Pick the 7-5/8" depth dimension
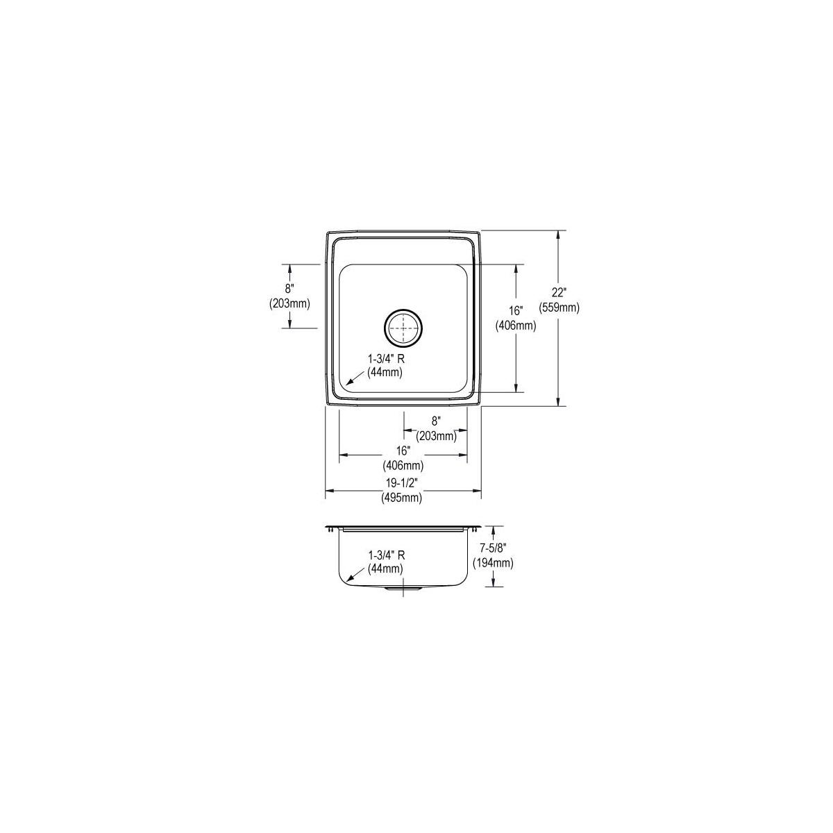tap(493, 551)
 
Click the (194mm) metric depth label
tap(493, 563)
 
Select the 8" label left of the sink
tap(289, 288)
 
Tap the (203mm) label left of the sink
tap(289, 303)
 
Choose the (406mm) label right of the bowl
tap(515, 325)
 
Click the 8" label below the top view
tap(436, 421)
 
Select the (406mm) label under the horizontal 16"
tap(403, 465)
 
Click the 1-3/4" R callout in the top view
tap(386, 359)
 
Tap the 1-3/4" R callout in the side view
tap(387, 555)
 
